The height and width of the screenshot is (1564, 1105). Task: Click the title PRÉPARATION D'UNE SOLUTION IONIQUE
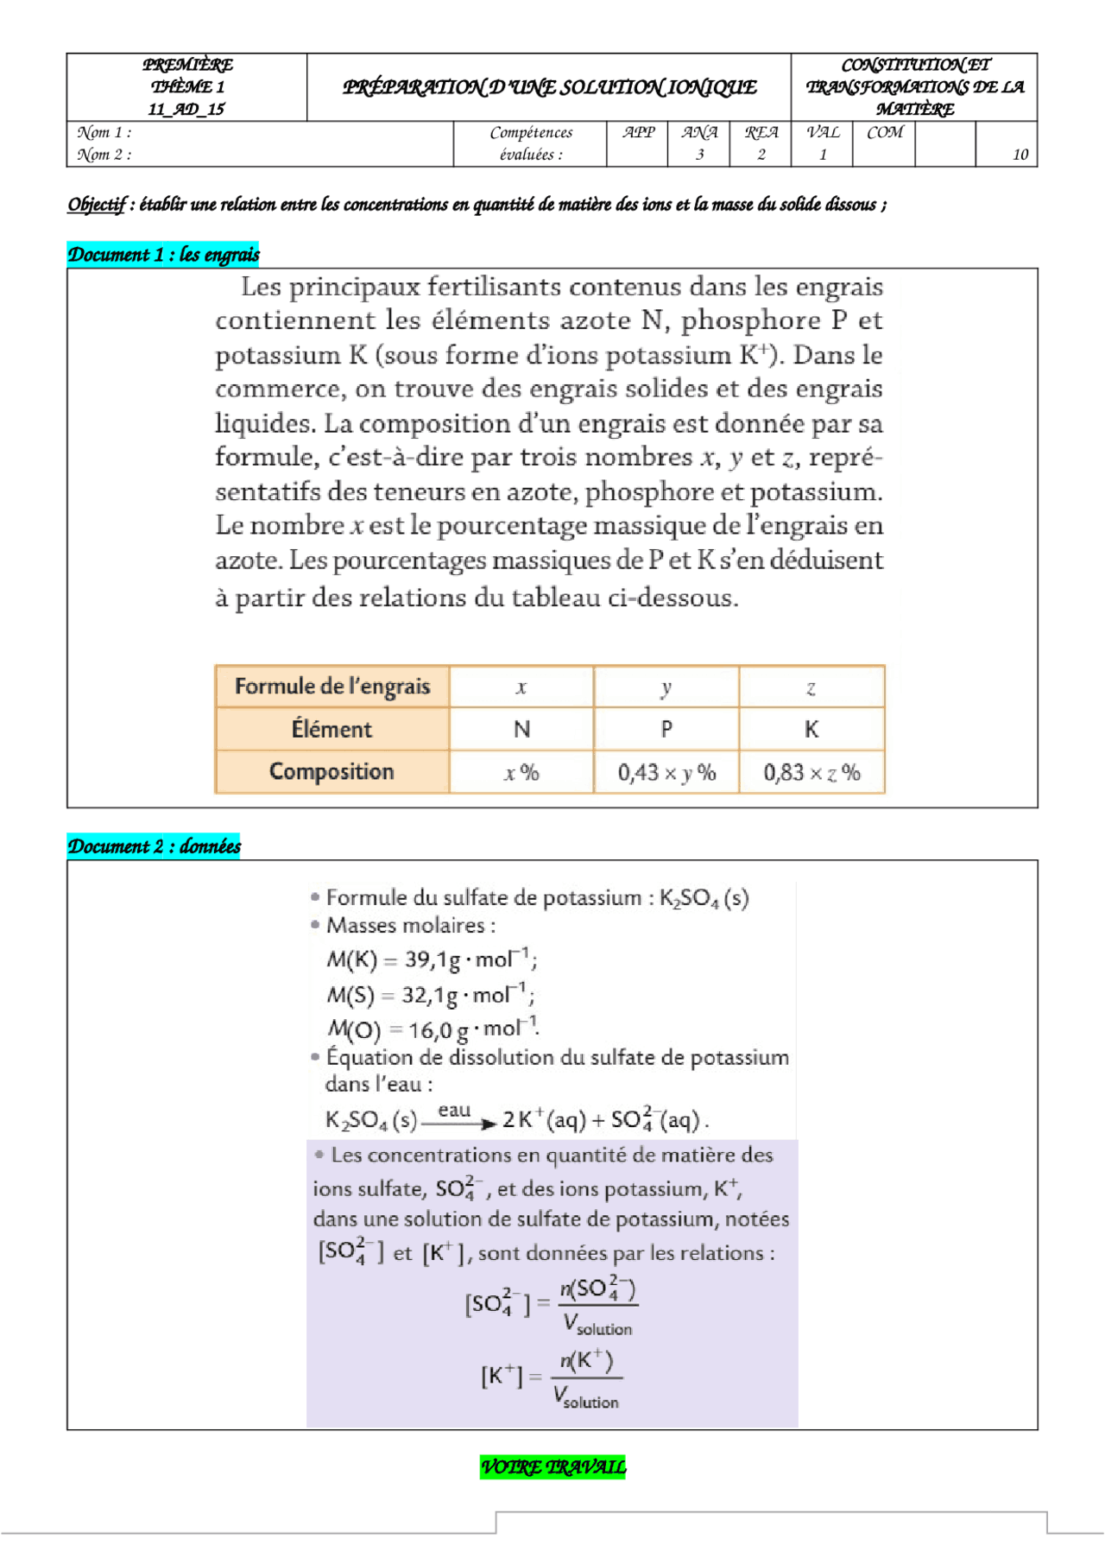[x=549, y=87]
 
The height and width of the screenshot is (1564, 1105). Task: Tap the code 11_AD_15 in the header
[x=186, y=110]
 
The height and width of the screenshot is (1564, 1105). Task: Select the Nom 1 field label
[x=104, y=133]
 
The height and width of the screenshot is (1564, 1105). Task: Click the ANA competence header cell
[x=698, y=133]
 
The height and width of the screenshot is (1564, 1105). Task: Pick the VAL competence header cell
[x=822, y=133]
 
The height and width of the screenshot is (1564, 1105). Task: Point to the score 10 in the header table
[x=1020, y=155]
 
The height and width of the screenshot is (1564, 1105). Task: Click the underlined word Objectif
[x=97, y=205]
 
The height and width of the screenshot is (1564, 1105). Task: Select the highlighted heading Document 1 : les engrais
[x=163, y=255]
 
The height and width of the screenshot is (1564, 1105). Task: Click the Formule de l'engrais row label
[x=331, y=687]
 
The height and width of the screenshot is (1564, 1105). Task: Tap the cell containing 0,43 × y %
[x=666, y=773]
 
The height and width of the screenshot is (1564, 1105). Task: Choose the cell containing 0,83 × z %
[x=811, y=773]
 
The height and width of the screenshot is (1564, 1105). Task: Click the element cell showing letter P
[x=666, y=730]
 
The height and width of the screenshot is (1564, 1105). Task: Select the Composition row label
[x=331, y=772]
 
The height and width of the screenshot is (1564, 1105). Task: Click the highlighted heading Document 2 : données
[x=154, y=846]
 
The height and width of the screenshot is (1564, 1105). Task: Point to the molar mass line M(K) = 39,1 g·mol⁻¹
[x=431, y=959]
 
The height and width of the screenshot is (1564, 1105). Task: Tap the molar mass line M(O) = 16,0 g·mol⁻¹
[x=433, y=1029]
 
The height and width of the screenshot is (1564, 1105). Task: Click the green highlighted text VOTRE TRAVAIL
[x=552, y=1467]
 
